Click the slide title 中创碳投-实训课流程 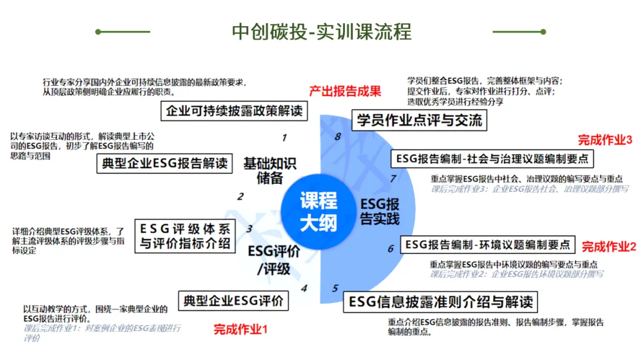tap(322, 31)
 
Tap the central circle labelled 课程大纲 tap(318, 211)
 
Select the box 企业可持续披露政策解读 tap(234, 110)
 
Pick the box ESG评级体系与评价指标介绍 tap(185, 235)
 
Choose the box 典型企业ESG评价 tap(233, 300)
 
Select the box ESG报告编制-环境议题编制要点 tap(487, 244)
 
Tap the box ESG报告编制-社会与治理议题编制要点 tap(492, 158)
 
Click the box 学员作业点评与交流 tap(420, 121)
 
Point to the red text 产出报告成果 tap(345, 91)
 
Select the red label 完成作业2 tap(609, 246)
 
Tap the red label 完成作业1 tap(241, 329)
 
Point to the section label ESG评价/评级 tap(274, 260)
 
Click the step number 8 tap(338, 136)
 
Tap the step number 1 tap(284, 138)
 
